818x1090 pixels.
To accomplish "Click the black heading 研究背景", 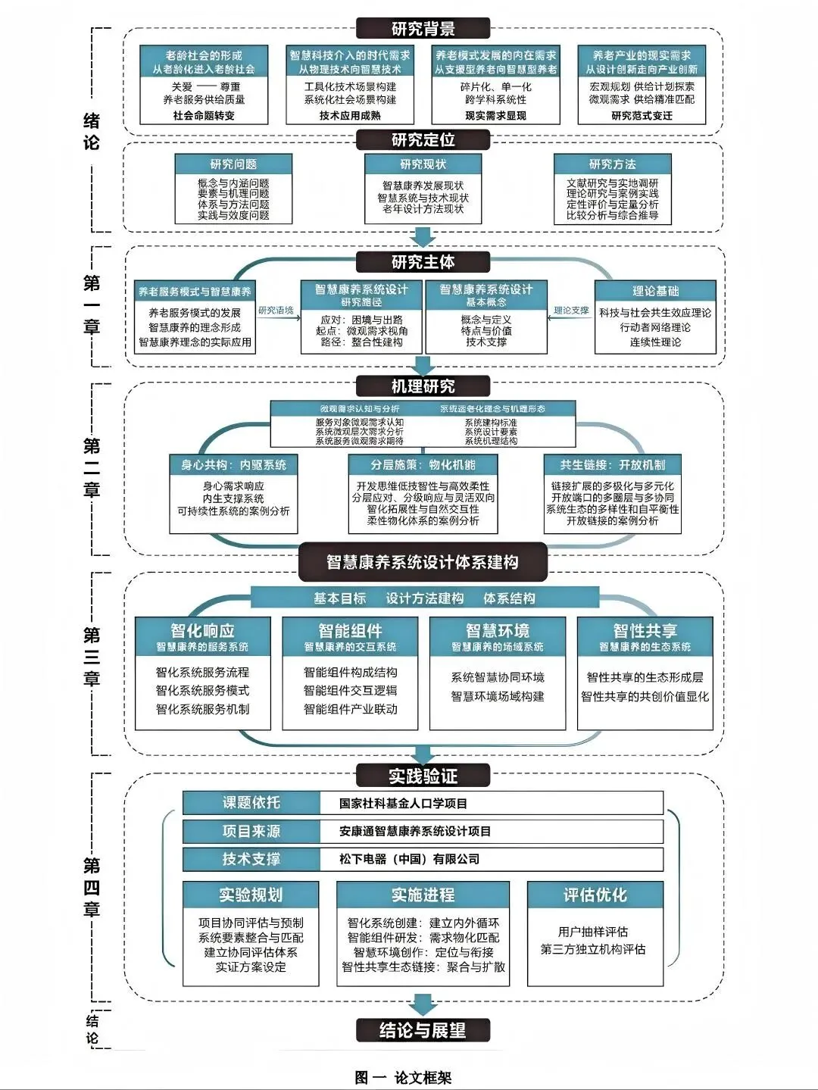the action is [423, 30].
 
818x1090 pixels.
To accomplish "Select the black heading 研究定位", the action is [423, 140].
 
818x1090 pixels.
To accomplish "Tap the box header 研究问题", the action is [233, 164].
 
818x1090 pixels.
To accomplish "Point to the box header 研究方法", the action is [612, 164].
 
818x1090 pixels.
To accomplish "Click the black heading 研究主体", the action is [423, 262].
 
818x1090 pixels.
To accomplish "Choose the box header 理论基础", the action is [655, 291].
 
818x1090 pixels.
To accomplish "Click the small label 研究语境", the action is [276, 311].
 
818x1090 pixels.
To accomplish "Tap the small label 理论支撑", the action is [571, 311].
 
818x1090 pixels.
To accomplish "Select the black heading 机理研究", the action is [423, 386].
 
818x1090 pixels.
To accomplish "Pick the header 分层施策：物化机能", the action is [423, 464].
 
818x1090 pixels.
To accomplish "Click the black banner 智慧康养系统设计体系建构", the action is [423, 562].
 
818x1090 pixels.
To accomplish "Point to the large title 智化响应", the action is [202, 630].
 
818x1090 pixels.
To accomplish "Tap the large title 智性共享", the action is [645, 630].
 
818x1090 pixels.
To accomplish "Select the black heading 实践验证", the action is [423, 776].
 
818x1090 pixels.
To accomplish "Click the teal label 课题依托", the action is [251, 803].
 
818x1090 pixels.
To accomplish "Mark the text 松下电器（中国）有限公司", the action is [409, 859].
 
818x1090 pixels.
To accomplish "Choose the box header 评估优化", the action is [595, 895].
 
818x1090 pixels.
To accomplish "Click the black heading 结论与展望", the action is [423, 1030].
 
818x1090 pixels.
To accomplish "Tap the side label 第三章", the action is [92, 656].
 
